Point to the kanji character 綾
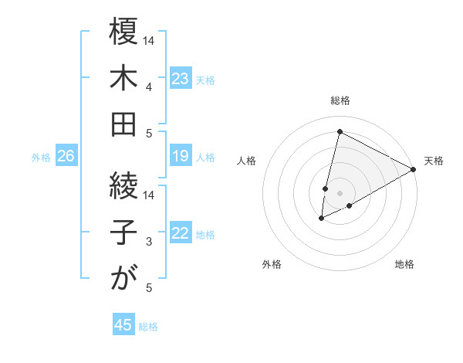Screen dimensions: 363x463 click(123, 185)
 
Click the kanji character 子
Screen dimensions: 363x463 click(123, 231)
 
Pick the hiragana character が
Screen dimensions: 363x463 click(123, 277)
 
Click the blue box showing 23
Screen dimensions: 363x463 click(180, 78)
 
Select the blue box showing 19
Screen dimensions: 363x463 click(180, 157)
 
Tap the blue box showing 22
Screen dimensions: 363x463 click(180, 234)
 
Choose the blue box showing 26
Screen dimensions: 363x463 click(66, 157)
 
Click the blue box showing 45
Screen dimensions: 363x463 click(123, 325)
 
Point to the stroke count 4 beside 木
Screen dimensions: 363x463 click(148, 87)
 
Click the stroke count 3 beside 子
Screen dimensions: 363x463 click(148, 242)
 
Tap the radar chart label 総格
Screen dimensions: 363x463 click(340, 100)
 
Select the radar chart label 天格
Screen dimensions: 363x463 click(434, 161)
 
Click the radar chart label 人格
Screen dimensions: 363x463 click(247, 161)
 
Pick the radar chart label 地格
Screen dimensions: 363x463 click(404, 265)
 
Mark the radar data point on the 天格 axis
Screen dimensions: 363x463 click(414, 169)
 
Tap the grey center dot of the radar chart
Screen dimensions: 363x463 click(340, 192)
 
